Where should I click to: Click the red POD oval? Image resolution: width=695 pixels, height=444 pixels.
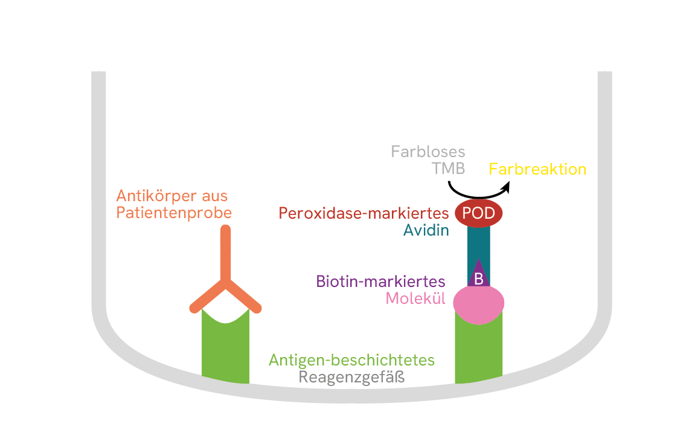(478, 213)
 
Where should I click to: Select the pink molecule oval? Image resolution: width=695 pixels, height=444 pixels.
(478, 303)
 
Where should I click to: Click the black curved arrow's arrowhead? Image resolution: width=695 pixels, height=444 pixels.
(506, 187)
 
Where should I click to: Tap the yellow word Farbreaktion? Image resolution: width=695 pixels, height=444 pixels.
(537, 169)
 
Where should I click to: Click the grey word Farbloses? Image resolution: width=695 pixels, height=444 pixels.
(428, 151)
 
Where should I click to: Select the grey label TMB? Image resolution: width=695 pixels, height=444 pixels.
(448, 169)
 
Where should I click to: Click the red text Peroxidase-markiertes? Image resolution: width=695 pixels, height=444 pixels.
(364, 213)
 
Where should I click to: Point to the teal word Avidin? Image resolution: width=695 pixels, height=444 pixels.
(426, 230)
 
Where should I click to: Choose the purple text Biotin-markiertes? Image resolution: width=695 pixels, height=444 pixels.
(380, 282)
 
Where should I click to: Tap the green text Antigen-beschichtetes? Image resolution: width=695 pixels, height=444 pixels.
(351, 360)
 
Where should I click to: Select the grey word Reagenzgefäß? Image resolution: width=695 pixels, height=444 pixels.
(351, 378)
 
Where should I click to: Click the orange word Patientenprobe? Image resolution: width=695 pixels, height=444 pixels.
(174, 213)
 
